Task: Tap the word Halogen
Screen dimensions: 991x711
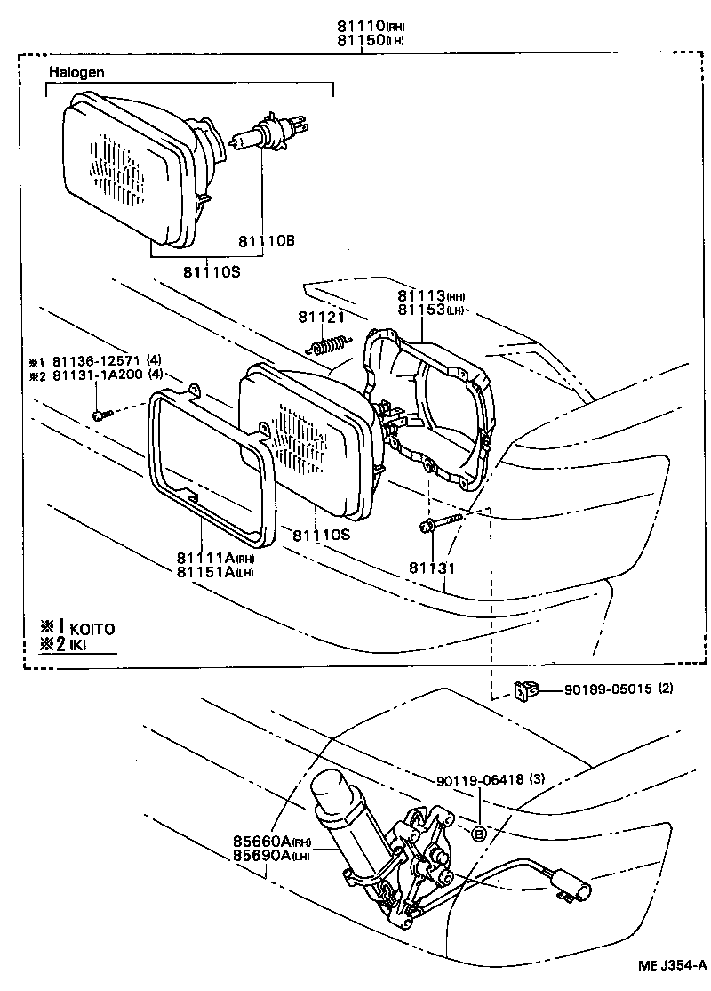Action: (x=73, y=71)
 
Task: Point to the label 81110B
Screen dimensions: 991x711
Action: (x=266, y=241)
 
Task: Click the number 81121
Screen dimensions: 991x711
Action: (x=320, y=316)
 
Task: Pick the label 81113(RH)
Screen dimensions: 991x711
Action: (x=431, y=295)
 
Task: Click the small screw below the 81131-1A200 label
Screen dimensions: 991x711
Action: (x=102, y=413)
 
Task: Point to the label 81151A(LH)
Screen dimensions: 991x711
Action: (x=214, y=571)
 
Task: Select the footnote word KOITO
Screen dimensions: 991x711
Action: (x=94, y=628)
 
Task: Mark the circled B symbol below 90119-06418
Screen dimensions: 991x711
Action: (x=478, y=834)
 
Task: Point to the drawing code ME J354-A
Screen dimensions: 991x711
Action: (x=671, y=964)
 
